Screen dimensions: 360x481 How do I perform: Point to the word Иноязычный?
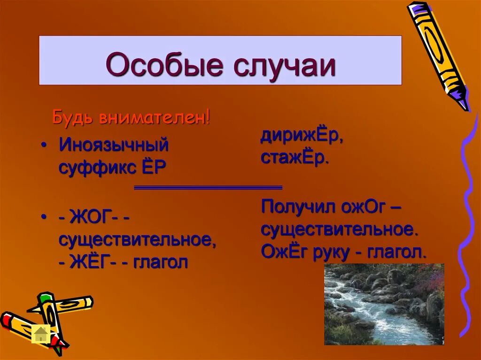point(113,145)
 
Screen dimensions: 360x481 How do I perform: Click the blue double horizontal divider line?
point(208,187)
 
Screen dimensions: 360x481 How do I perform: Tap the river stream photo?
point(384,304)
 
